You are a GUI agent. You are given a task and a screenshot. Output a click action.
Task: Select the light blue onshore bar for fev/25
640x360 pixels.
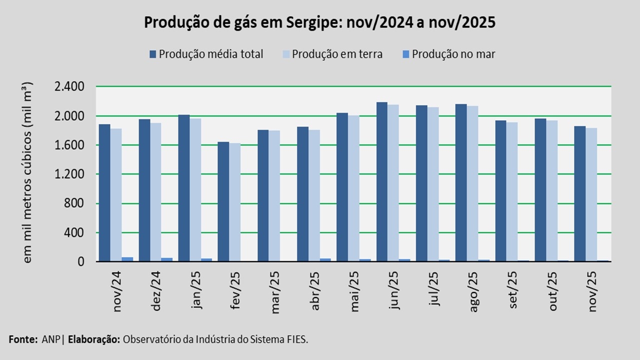coord(235,202)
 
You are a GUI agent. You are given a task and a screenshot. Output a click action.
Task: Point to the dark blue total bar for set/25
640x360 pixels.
coord(500,190)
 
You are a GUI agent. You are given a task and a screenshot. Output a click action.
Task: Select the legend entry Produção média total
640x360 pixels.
coord(206,54)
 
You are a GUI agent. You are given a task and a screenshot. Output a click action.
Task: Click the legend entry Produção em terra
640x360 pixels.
coord(332,54)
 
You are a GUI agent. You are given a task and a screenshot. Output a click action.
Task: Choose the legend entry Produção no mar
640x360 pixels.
coord(448,54)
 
